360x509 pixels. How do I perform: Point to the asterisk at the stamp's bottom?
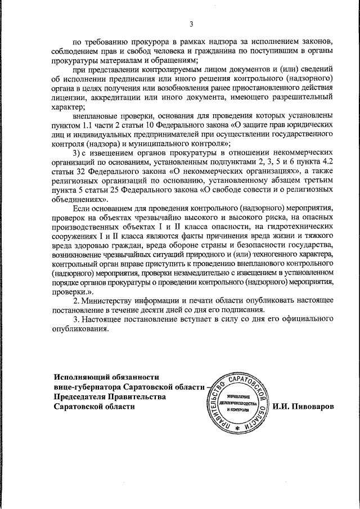coord(237,429)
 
